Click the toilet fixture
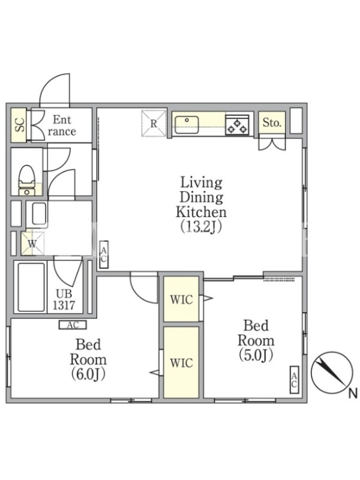click(26, 180)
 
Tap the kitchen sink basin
click(187, 124)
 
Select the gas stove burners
click(237, 125)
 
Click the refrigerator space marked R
click(154, 124)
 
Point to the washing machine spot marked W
click(33, 244)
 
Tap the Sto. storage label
click(272, 123)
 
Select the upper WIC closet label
click(182, 299)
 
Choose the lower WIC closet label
click(182, 363)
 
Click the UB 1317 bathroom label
click(64, 299)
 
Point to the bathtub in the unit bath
click(31, 287)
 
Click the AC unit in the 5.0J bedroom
click(294, 380)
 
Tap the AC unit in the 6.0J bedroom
click(73, 325)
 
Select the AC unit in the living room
click(104, 254)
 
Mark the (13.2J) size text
click(201, 227)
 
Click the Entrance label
click(62, 125)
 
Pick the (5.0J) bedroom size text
click(256, 355)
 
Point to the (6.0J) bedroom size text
click(88, 374)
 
